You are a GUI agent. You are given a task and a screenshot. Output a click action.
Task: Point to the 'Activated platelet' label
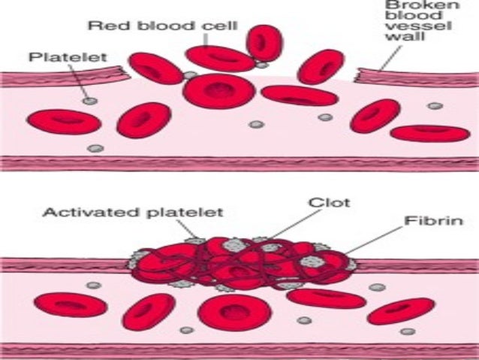[131, 212]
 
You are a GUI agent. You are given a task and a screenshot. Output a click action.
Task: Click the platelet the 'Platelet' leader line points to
[89, 100]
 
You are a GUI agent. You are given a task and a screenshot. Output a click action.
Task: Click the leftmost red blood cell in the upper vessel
[63, 121]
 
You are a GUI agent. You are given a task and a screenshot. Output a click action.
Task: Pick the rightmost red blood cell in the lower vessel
[401, 310]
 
